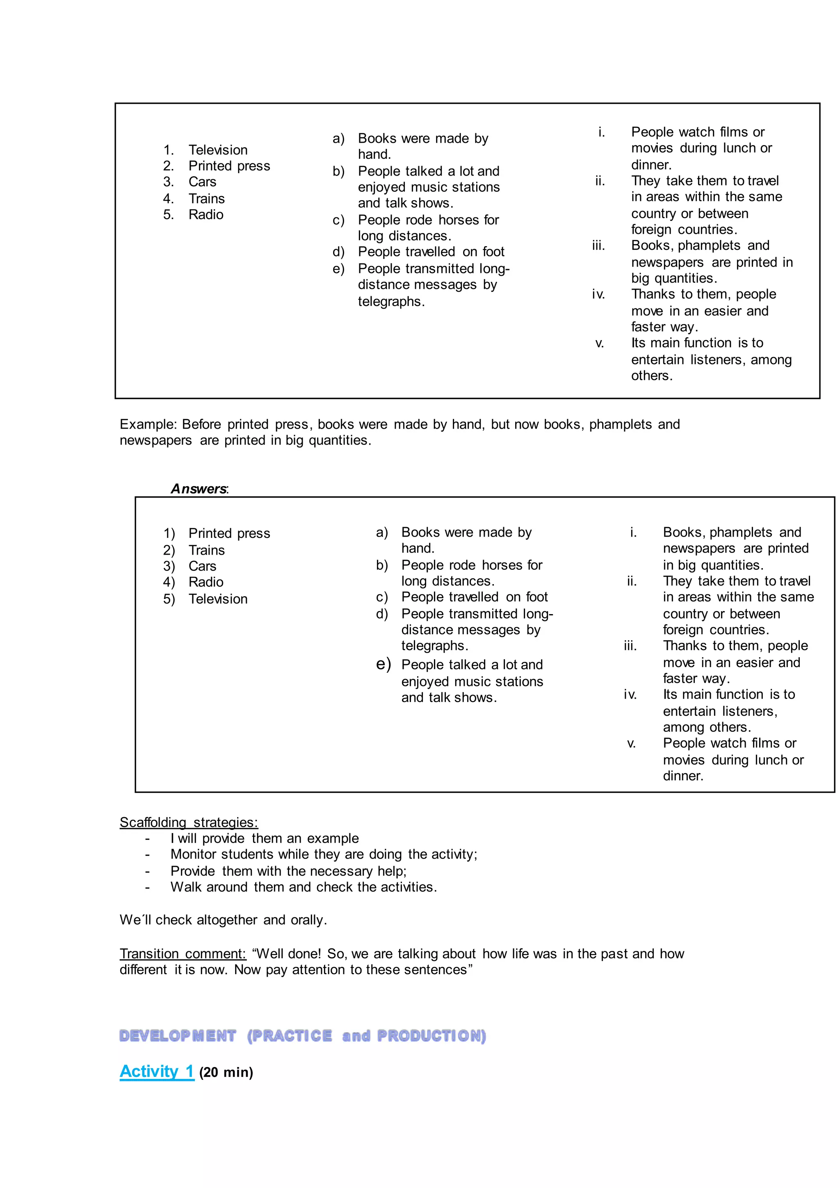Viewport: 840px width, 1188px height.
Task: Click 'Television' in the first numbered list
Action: click(x=218, y=150)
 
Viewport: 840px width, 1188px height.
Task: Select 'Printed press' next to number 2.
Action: click(x=229, y=166)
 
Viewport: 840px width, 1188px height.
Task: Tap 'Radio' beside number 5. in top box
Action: click(x=206, y=215)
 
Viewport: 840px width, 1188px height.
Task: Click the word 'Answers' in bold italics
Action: click(x=199, y=489)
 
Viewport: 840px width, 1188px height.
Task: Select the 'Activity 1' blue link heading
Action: click(x=157, y=1071)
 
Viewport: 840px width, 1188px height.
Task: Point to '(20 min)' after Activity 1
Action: click(x=226, y=1073)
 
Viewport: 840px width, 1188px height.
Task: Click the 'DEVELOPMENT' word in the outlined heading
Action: click(x=178, y=1035)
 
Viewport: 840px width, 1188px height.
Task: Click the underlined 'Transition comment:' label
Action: click(x=183, y=954)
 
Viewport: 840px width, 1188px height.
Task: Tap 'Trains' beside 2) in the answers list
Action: click(x=206, y=550)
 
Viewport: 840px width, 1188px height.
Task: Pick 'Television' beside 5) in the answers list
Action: click(x=218, y=599)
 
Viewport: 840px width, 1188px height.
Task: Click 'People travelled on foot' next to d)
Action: click(x=431, y=252)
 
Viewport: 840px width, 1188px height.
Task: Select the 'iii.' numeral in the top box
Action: click(x=598, y=246)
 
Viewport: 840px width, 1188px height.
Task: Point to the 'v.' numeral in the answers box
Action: click(x=631, y=744)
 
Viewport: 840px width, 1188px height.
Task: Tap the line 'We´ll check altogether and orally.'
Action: click(x=223, y=920)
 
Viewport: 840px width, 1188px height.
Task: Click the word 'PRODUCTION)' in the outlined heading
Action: click(x=431, y=1035)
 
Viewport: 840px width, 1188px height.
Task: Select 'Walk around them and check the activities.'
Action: click(x=304, y=887)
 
